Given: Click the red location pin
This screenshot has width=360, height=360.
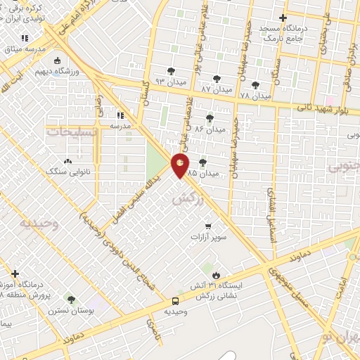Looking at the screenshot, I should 181,165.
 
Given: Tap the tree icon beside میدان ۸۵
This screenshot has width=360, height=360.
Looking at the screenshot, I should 203,162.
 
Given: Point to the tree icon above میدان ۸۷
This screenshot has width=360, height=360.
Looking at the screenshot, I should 216,79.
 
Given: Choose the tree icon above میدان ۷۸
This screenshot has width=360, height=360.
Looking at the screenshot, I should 255,84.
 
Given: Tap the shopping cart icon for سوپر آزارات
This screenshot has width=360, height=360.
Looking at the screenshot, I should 208,226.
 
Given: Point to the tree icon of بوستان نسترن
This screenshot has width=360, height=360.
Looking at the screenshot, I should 70,299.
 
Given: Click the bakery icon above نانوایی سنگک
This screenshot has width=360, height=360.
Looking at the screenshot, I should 67,160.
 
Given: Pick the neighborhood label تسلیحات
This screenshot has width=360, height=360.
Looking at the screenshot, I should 68,131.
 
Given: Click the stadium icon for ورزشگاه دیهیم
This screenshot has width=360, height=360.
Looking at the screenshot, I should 60,72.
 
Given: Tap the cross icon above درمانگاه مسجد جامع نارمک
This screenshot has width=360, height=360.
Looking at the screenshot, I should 283,18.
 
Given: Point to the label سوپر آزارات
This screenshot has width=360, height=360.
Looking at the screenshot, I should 209,238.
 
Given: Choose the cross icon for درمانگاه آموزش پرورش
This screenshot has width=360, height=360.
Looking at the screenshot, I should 15,274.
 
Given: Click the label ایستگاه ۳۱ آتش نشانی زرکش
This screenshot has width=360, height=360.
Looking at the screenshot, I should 217,291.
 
